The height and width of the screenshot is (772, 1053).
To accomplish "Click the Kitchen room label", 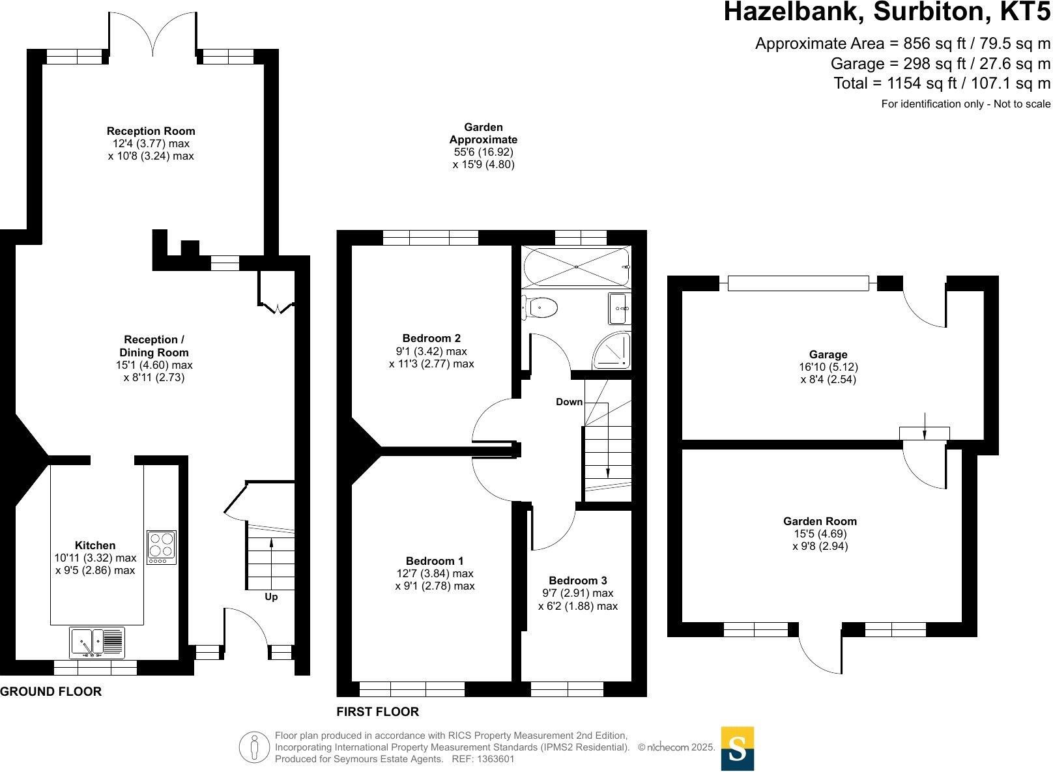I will (95, 545).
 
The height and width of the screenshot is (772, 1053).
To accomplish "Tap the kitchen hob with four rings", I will (162, 547).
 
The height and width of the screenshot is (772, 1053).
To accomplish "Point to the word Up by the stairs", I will (271, 597).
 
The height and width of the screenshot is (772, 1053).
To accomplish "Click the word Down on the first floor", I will (569, 402).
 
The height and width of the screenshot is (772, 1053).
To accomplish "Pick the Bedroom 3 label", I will (578, 580).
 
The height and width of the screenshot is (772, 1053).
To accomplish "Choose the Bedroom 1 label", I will (435, 561).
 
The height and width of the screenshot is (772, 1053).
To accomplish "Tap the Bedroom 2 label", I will (431, 338).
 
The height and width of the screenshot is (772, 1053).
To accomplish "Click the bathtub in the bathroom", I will (576, 266).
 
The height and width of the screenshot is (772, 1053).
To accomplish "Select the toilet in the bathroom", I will (540, 307).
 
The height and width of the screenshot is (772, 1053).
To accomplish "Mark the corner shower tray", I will (613, 350).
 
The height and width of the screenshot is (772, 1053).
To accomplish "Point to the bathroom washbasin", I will (620, 308).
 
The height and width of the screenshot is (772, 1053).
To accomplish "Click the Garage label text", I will (828, 354).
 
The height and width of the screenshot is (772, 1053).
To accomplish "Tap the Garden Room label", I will (820, 521).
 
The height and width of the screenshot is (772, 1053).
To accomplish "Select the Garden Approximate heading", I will (483, 134).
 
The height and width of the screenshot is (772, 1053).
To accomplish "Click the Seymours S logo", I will (737, 749).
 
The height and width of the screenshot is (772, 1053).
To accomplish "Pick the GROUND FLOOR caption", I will (51, 692).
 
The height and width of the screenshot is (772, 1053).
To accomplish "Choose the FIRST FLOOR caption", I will (377, 711).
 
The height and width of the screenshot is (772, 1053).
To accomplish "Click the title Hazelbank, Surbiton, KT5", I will (887, 12).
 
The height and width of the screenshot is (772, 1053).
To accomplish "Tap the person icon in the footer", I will (254, 747).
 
